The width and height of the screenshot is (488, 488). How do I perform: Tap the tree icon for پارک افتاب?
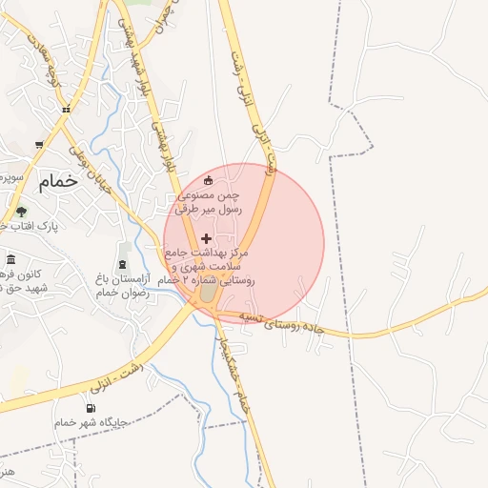(21, 212)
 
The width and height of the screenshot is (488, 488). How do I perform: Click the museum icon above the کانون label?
(10, 260)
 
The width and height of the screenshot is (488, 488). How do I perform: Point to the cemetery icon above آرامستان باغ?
(122, 262)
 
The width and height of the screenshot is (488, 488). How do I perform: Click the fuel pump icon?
(91, 408)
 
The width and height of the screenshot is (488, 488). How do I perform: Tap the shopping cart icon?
(38, 145)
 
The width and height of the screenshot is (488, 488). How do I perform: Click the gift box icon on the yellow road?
(66, 111)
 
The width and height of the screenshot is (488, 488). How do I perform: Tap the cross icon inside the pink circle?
(206, 236)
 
